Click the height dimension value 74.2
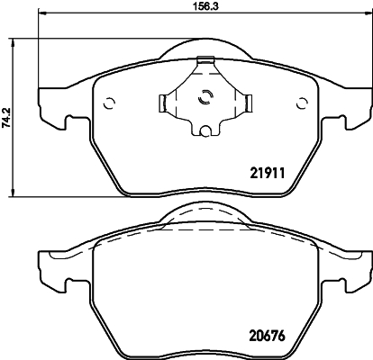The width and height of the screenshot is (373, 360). (x=7, y=117)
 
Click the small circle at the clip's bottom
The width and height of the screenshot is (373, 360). (x=205, y=134)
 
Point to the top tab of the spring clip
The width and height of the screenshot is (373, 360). (x=205, y=62)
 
